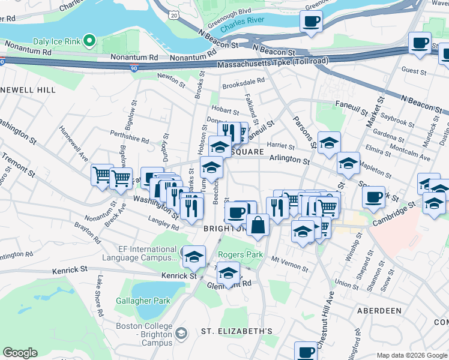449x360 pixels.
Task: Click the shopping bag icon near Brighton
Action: click(258, 226)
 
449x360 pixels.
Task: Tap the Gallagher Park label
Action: click(137, 300)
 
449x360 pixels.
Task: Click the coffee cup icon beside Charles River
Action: click(311, 22)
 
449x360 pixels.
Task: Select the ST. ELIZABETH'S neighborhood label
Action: click(237, 331)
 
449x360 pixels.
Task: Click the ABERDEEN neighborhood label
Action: click(379, 311)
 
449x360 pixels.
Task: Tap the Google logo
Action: click(20, 353)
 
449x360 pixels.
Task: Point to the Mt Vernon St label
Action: click(285, 259)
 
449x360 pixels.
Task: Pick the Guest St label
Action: click(414, 71)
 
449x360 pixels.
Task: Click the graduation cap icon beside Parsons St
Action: click(329, 143)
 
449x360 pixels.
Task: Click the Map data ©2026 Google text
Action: click(411, 355)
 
